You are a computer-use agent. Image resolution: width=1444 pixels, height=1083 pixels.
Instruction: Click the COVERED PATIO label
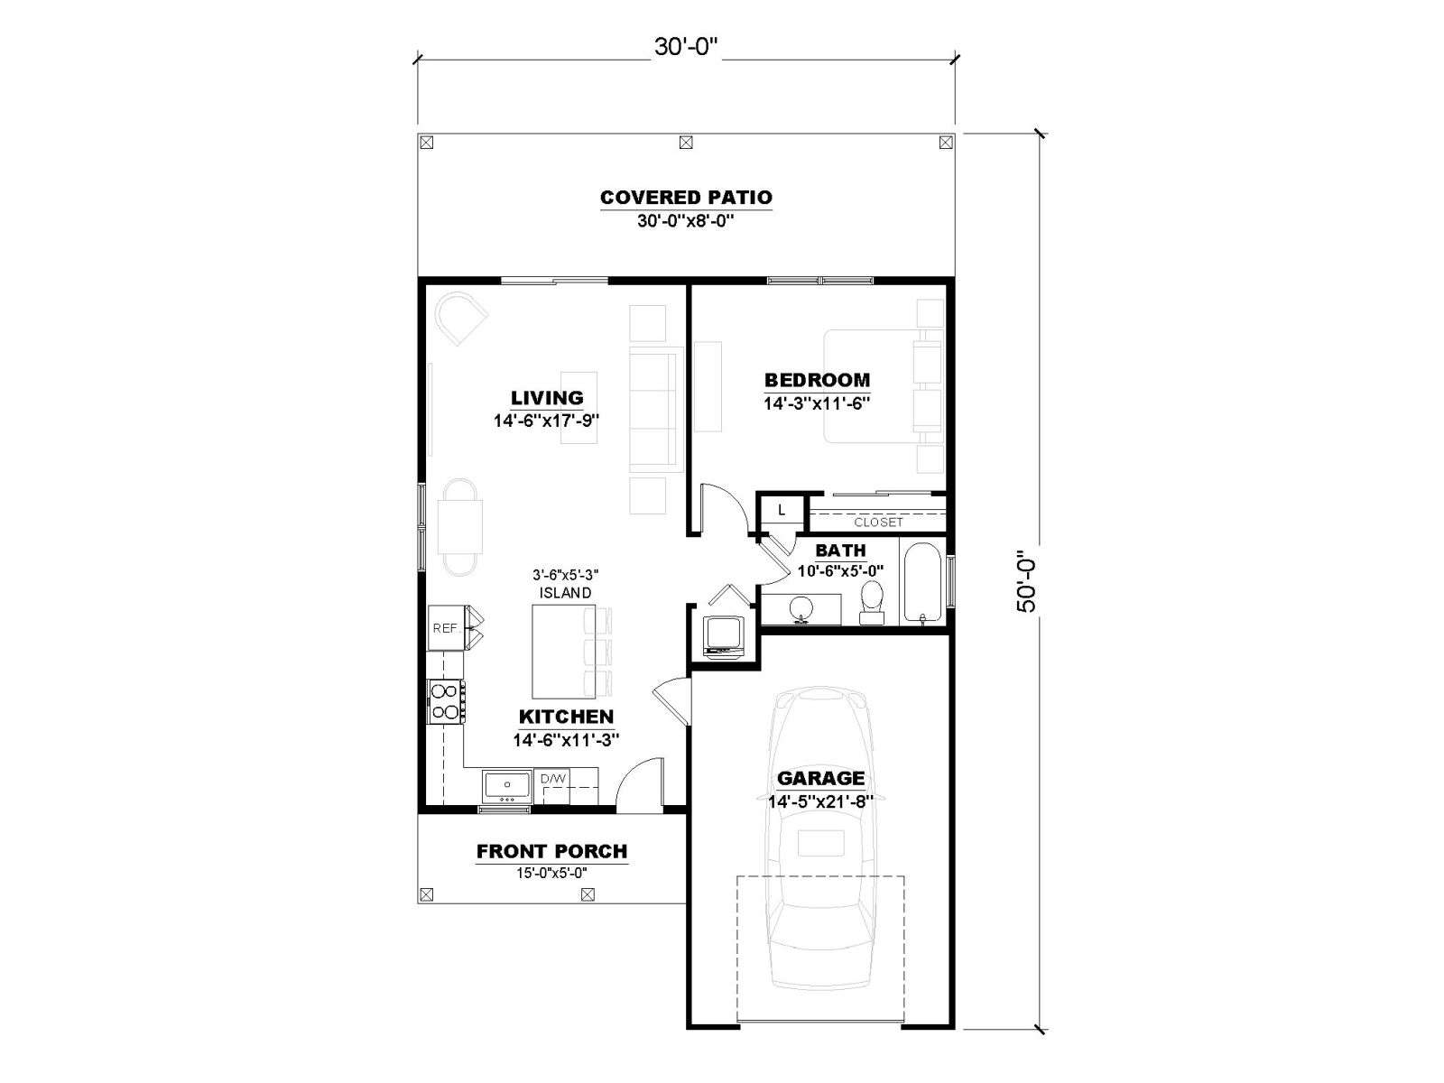click(686, 198)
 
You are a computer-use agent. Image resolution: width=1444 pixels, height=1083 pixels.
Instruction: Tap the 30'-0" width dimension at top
click(686, 47)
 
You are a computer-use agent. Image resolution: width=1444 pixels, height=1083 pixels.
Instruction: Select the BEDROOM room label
click(817, 380)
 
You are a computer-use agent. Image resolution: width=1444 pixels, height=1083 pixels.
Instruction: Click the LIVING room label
click(547, 398)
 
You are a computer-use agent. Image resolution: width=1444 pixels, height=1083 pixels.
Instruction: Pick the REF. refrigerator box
click(445, 628)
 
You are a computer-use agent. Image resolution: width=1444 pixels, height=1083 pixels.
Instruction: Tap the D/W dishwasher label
click(553, 779)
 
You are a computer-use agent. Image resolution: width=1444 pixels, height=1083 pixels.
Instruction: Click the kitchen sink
click(506, 786)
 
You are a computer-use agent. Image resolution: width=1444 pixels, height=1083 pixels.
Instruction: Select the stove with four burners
click(445, 701)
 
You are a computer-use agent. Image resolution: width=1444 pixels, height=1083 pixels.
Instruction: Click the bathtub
click(922, 582)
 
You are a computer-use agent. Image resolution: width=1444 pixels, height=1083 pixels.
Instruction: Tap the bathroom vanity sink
click(801, 609)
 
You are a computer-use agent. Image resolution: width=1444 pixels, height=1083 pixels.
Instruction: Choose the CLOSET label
click(878, 523)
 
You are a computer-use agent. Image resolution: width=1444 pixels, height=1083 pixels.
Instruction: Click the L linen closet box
click(782, 510)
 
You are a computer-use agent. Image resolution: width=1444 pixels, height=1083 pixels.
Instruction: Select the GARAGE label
click(821, 779)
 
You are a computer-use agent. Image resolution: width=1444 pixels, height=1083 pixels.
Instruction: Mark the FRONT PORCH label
click(552, 852)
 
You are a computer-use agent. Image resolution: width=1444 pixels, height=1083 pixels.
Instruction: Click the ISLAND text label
click(565, 592)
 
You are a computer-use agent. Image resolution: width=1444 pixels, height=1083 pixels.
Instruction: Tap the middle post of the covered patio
click(686, 142)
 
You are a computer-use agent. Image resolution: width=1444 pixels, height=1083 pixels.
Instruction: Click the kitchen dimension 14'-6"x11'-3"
click(566, 740)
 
